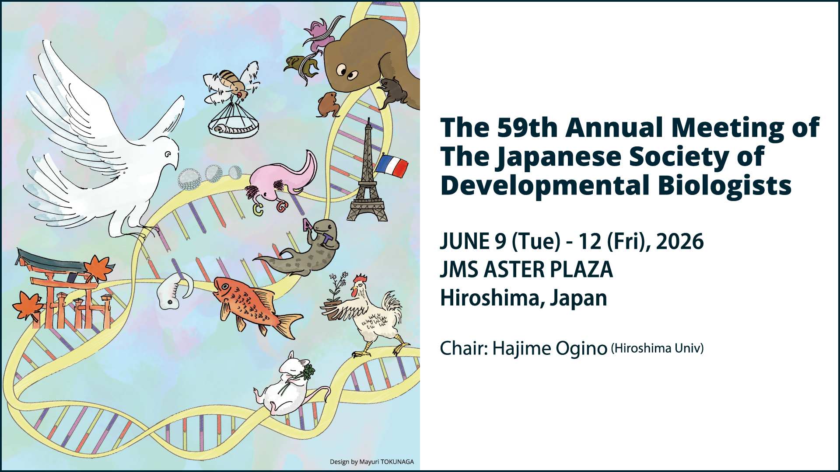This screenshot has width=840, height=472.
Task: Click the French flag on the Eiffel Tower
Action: pos(392,166)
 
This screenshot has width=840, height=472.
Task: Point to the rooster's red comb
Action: pos(360,279)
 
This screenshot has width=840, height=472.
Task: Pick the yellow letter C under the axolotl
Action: pos(258,209)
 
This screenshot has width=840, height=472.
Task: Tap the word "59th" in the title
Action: pos(527,128)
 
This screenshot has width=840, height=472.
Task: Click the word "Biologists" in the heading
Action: pos(724,186)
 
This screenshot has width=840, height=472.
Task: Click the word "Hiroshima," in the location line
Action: pos(493,298)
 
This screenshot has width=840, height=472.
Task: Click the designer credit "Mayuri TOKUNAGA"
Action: pos(386,462)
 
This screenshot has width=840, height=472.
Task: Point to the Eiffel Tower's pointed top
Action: pos(369,118)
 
